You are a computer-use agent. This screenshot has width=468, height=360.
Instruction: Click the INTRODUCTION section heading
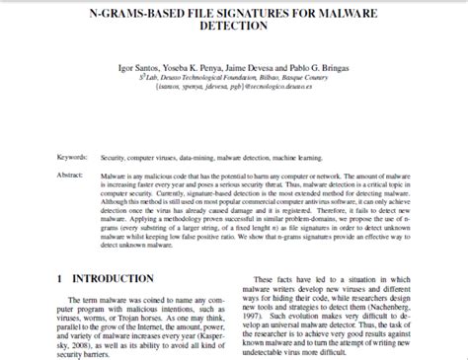(x=116, y=280)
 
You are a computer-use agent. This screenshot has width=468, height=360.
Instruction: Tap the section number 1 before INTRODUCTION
(x=60, y=280)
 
